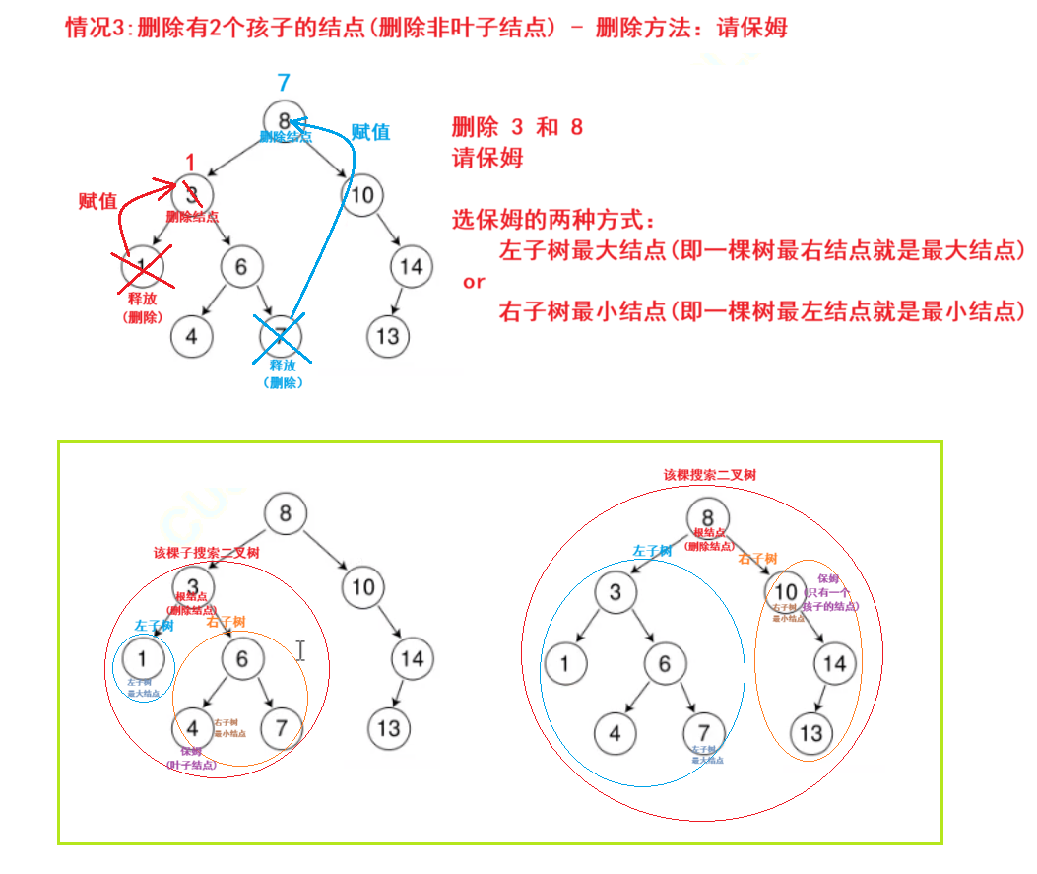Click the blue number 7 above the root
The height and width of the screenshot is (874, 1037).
point(284,83)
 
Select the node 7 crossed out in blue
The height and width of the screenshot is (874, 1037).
point(280,336)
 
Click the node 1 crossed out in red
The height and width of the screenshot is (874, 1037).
point(142,264)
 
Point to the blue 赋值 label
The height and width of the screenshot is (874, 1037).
point(370,132)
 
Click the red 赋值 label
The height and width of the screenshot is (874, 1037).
point(97,201)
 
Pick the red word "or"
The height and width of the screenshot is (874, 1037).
point(474,282)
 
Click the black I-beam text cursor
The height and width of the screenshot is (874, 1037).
point(301,649)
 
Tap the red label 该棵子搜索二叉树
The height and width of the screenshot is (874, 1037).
point(194,553)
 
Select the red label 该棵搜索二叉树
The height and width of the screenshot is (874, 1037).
point(709,475)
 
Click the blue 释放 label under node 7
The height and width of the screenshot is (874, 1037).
point(283,366)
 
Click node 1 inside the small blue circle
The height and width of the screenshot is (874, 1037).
point(146,658)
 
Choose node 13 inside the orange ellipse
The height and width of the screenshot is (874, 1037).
point(810,733)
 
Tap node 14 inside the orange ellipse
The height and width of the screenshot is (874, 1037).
point(834,663)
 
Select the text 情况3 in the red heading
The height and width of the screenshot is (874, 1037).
point(97,27)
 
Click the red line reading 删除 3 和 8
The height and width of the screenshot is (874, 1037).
point(517,127)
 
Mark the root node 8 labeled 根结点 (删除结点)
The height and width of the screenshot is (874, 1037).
point(708,518)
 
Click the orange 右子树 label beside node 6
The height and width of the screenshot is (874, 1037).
point(226,621)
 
